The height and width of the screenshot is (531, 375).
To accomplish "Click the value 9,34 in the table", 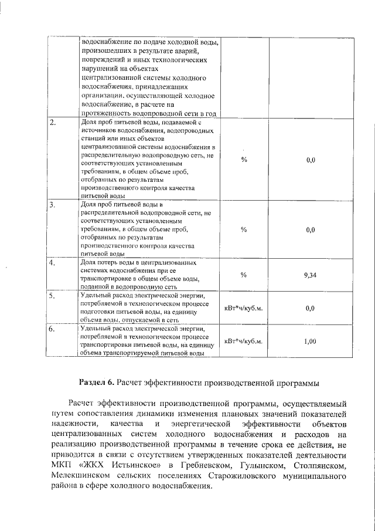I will [311, 275].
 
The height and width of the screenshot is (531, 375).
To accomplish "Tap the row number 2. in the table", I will [53, 123].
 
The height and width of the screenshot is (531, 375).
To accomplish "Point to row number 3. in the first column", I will [53, 205].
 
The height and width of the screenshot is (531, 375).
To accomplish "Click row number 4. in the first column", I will [53, 263].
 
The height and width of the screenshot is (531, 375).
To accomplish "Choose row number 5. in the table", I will [53, 296].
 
